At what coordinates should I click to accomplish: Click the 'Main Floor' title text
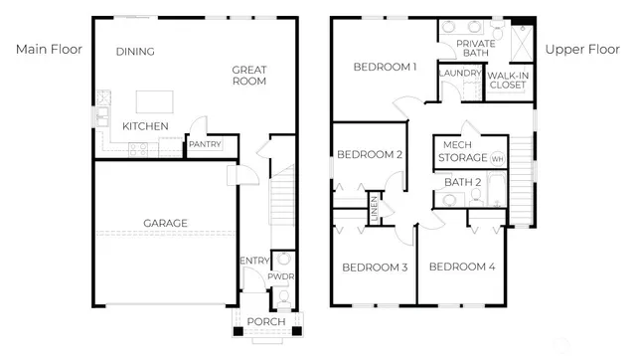pyautogui.click(x=47, y=48)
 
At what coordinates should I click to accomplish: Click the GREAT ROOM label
pyautogui.click(x=249, y=77)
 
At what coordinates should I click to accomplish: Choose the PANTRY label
pyautogui.click(x=204, y=145)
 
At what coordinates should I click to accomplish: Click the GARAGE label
pyautogui.click(x=165, y=223)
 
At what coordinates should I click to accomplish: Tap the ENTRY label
pyautogui.click(x=254, y=261)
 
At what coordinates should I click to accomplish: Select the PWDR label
pyautogui.click(x=282, y=276)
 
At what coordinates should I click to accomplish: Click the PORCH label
pyautogui.click(x=266, y=322)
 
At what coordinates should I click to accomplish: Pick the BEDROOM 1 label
pyautogui.click(x=385, y=67)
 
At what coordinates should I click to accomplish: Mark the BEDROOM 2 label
pyautogui.click(x=369, y=154)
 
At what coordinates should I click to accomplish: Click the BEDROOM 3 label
pyautogui.click(x=376, y=267)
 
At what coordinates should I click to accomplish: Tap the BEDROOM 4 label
pyautogui.click(x=462, y=267)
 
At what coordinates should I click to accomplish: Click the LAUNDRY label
pyautogui.click(x=459, y=73)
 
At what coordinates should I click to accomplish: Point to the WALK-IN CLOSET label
pyautogui.click(x=508, y=80)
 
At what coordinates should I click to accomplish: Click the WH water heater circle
pyautogui.click(x=498, y=158)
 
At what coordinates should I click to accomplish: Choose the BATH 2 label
pyautogui.click(x=463, y=182)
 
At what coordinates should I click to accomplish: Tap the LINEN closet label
pyautogui.click(x=376, y=207)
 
